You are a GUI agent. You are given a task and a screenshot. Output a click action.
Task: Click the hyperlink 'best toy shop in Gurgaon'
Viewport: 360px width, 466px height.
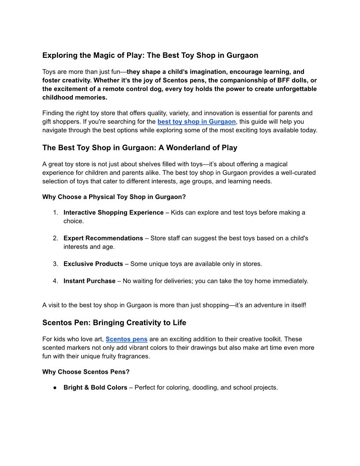[x=196, y=122]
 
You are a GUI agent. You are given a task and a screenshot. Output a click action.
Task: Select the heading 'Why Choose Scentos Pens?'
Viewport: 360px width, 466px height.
[x=86, y=372]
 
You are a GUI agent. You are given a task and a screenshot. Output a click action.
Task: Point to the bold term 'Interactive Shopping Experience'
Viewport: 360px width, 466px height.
[x=113, y=213]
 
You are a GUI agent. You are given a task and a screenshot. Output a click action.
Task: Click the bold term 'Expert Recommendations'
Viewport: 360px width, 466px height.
[x=103, y=238]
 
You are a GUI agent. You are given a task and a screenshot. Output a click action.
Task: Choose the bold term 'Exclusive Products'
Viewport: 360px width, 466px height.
[x=93, y=264]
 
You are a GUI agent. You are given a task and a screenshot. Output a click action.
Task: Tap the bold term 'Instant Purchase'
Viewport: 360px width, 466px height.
[x=90, y=281]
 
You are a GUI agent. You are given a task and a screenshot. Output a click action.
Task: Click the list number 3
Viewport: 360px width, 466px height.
[x=56, y=264]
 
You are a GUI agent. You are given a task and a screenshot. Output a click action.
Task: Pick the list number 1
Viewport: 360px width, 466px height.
[x=56, y=213]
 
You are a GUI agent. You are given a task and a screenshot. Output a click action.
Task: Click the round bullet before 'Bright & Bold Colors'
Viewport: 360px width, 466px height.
[x=55, y=388]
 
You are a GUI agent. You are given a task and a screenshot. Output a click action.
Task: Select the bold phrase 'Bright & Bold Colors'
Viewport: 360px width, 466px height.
[x=95, y=388]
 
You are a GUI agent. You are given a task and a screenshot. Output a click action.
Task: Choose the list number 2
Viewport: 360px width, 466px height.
[x=56, y=238]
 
